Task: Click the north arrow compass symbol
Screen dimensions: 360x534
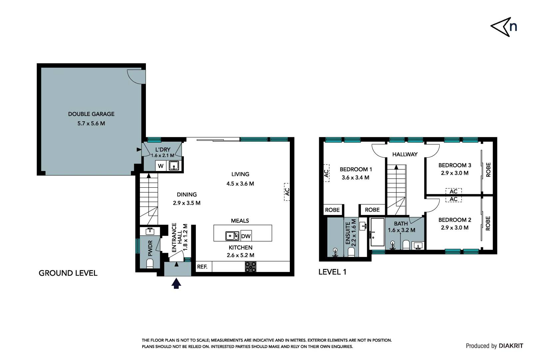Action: click(x=503, y=27)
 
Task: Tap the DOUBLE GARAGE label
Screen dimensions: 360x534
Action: click(x=91, y=114)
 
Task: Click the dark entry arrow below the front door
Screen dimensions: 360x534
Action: click(x=176, y=284)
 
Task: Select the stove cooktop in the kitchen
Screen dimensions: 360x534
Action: click(x=251, y=267)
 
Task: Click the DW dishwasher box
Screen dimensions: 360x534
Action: click(x=246, y=236)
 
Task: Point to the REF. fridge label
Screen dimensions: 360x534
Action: click(x=202, y=267)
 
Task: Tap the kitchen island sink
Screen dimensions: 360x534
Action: click(x=232, y=236)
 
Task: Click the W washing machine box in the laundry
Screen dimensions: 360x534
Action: click(x=161, y=166)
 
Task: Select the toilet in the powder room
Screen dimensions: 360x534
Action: click(x=150, y=264)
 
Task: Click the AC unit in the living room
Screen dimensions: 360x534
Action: click(x=287, y=192)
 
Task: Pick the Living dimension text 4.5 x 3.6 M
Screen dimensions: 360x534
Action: click(x=240, y=184)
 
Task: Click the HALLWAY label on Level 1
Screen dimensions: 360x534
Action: click(x=405, y=154)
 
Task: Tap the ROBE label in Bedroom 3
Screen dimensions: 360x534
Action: click(x=488, y=170)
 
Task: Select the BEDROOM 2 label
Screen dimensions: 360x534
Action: click(x=455, y=220)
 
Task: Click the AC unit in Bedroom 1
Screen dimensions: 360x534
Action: click(x=326, y=173)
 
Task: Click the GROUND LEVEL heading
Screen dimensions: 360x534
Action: click(x=68, y=273)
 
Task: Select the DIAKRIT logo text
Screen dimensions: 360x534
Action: click(x=511, y=346)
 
